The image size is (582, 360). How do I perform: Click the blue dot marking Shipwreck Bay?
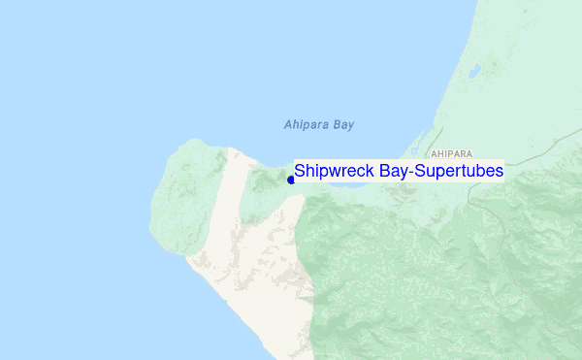[291, 179]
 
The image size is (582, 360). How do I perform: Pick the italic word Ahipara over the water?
[307, 125]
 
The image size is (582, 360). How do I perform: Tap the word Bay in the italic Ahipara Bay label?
[343, 125]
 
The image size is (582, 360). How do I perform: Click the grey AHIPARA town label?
[452, 154]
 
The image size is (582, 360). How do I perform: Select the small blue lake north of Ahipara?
[475, 72]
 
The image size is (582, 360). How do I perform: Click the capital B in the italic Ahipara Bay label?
[336, 125]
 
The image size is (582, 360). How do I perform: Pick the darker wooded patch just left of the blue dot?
[264, 184]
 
